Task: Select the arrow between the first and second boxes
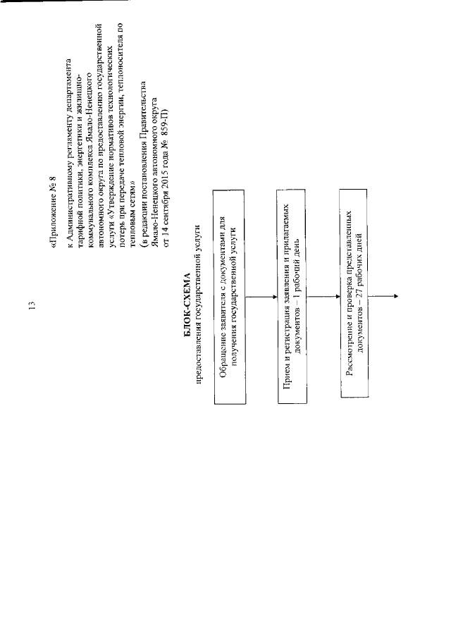click(x=265, y=296)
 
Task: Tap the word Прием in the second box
click(x=283, y=392)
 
